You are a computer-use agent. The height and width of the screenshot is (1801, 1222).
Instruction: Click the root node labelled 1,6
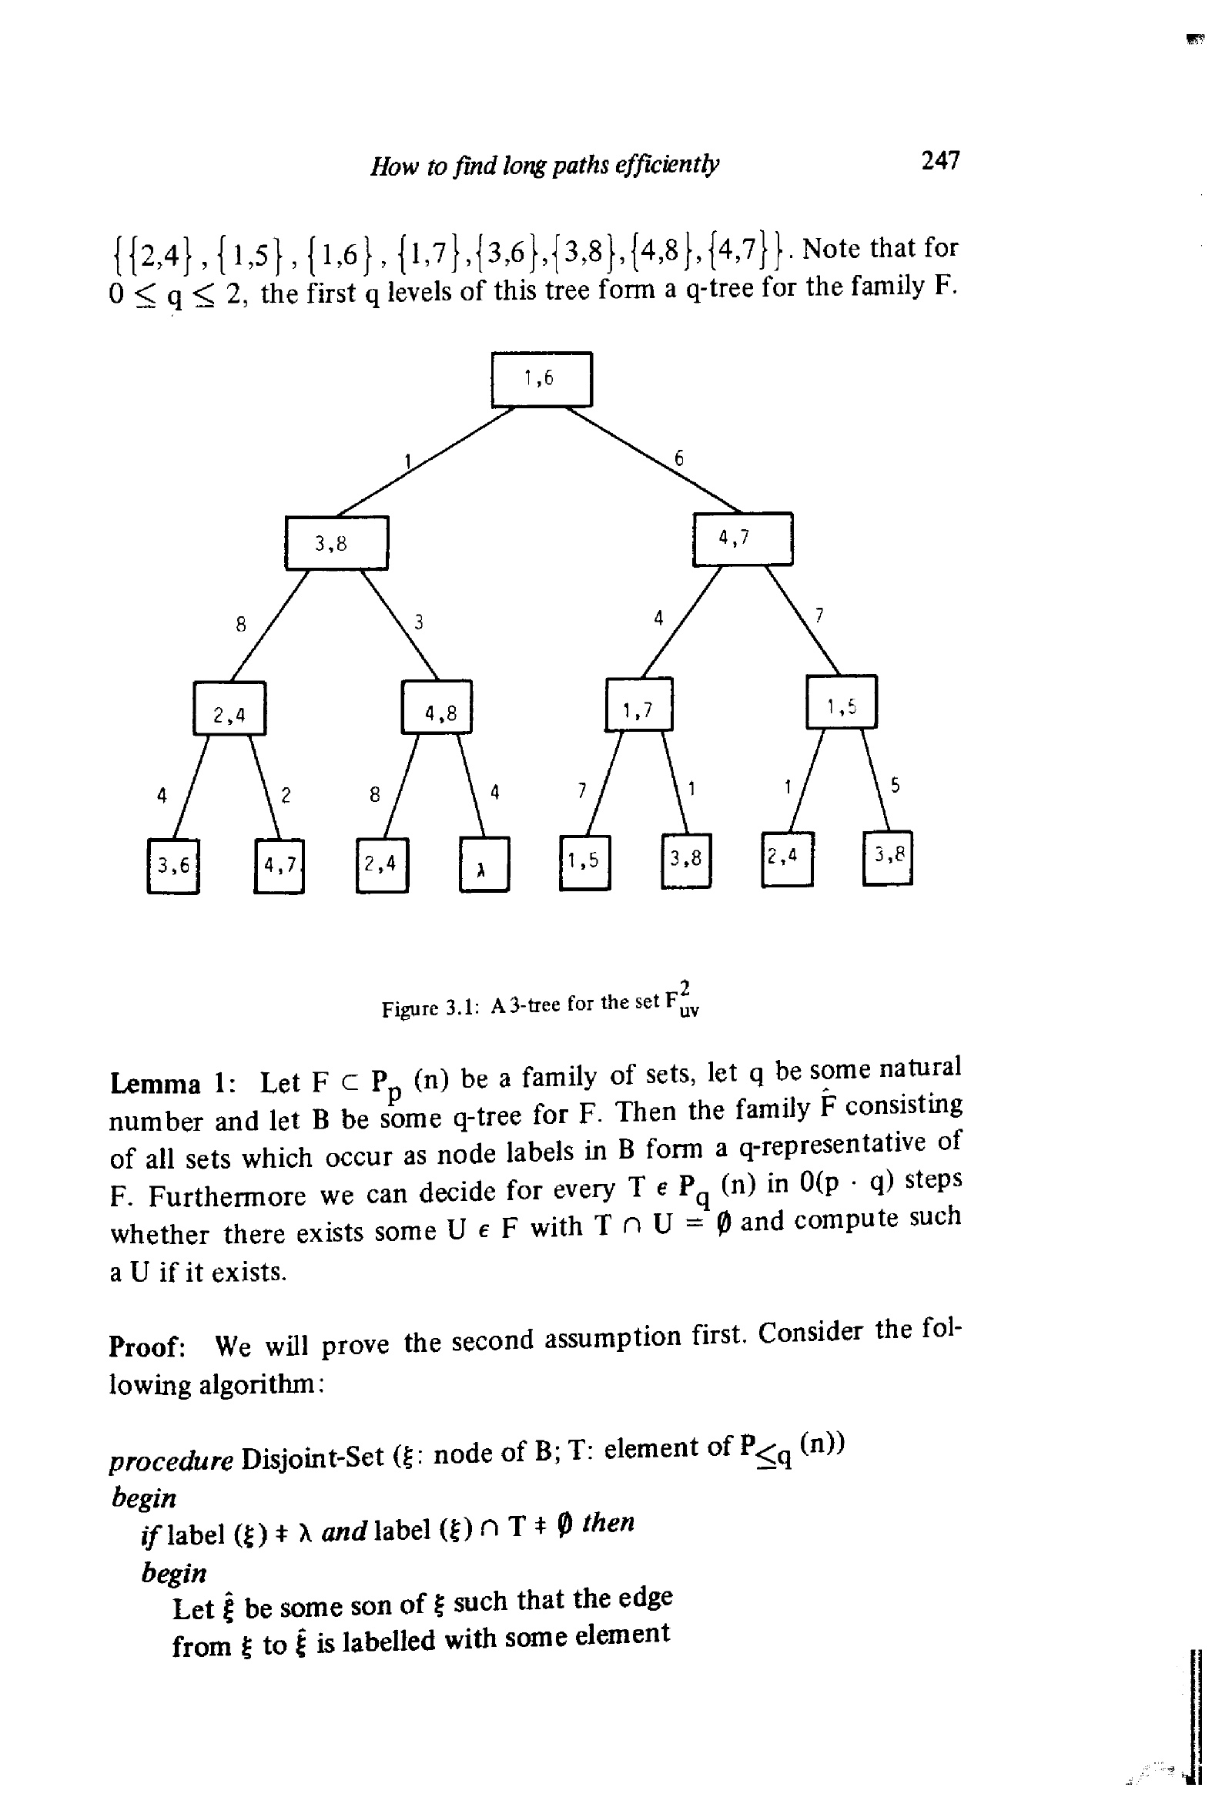click(541, 379)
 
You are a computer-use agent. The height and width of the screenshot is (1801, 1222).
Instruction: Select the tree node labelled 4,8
click(437, 706)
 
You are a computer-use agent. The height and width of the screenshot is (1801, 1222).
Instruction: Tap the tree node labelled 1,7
click(638, 704)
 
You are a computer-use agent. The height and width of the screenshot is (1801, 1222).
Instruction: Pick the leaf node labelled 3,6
click(172, 866)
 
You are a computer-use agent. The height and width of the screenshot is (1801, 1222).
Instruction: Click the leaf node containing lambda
click(484, 864)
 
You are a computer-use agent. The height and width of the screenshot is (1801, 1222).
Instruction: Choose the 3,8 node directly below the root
click(337, 542)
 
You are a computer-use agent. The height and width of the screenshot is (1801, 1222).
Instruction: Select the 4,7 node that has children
click(742, 538)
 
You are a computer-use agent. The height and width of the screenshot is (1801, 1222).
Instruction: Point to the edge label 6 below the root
click(679, 458)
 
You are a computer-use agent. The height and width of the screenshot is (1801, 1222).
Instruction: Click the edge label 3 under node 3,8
click(418, 622)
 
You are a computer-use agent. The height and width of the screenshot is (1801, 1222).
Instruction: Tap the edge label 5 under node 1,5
click(895, 785)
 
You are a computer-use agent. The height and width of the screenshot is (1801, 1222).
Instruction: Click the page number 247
click(941, 160)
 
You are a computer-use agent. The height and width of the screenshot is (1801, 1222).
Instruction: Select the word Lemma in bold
click(155, 1082)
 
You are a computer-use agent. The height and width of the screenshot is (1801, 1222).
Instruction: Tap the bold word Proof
click(146, 1347)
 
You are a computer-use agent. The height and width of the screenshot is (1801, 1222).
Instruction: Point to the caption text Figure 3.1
click(431, 1008)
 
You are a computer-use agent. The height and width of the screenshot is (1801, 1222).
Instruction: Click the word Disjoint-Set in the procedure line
click(313, 1457)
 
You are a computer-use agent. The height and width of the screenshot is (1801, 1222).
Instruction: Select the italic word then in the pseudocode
click(608, 1522)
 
